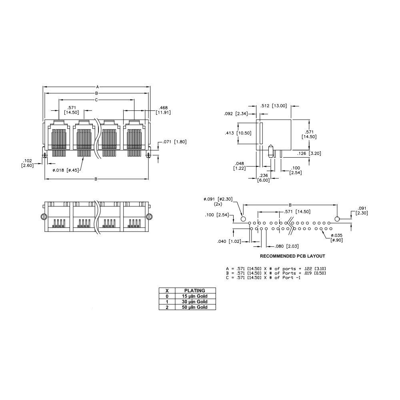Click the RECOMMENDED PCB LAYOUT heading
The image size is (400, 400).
[292, 256]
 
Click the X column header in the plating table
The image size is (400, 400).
[167, 290]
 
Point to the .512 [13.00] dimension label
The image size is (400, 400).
[274, 106]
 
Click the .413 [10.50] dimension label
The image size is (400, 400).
[238, 133]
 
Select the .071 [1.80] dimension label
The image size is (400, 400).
[175, 142]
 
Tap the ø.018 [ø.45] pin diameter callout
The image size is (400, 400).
[66, 170]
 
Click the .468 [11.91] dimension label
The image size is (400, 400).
[163, 110]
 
